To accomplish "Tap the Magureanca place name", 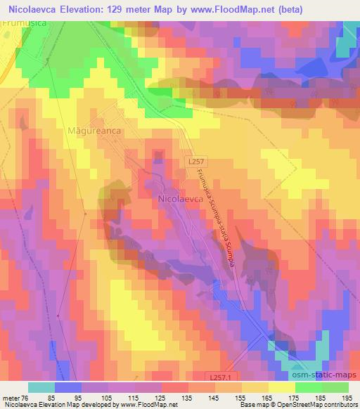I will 96,131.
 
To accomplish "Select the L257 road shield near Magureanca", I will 198,161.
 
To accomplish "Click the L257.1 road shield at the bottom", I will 223,377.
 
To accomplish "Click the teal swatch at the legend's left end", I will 41,387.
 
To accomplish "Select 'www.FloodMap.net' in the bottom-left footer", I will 147,405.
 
